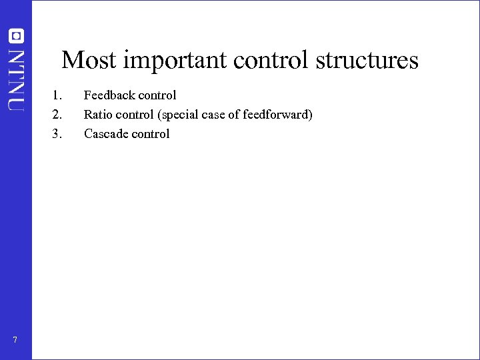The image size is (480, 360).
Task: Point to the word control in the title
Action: (x=272, y=60)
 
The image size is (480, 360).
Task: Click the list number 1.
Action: (x=57, y=95)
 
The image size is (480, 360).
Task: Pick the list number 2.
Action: (x=57, y=115)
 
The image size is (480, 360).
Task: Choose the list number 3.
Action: (x=57, y=134)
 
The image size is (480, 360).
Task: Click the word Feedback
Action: (x=109, y=95)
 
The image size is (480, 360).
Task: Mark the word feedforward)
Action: (x=280, y=115)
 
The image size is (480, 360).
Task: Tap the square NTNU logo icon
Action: (x=16, y=36)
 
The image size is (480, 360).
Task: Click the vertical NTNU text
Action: (x=16, y=79)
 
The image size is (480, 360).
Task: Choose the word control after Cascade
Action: (x=151, y=134)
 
